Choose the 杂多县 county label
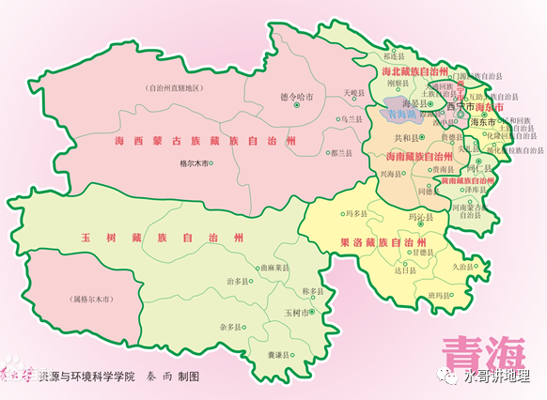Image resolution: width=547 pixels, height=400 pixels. click(231, 327)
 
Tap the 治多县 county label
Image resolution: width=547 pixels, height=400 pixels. click(240, 281)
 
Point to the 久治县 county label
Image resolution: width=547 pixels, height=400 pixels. click(462, 267)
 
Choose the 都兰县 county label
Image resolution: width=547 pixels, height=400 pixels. click(341, 151)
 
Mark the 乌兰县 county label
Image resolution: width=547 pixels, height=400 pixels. click(350, 119)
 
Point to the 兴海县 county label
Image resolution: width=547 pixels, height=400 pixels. click(392, 175)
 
